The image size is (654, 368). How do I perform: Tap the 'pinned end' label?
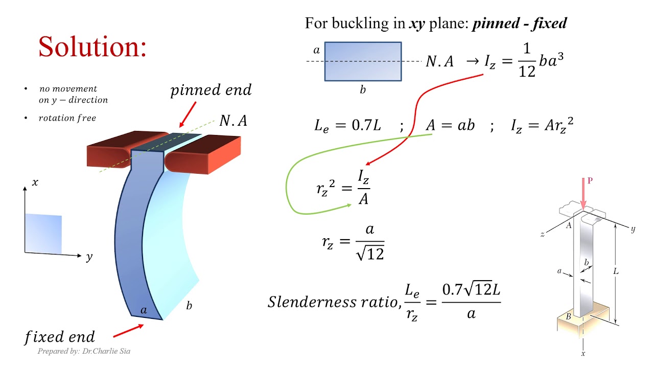click(x=211, y=91)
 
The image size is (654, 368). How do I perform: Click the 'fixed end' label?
click(x=60, y=337)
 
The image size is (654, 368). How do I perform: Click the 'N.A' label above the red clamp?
click(x=233, y=121)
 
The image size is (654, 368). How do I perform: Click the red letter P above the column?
click(x=590, y=181)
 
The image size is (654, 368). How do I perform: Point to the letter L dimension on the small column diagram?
click(x=616, y=271)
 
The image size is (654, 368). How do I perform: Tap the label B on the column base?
click(x=568, y=316)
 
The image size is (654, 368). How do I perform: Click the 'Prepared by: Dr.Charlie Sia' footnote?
click(x=84, y=352)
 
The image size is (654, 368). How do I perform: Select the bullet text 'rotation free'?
click(x=67, y=119)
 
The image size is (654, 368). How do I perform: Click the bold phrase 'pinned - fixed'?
click(x=519, y=24)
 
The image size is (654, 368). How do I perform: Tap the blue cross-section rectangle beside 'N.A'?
click(x=363, y=62)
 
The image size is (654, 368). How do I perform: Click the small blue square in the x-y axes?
click(x=43, y=234)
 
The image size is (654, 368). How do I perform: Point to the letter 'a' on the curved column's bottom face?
click(x=144, y=310)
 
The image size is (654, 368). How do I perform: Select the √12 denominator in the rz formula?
click(x=369, y=253)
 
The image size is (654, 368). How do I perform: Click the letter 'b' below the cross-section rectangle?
click(x=363, y=90)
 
